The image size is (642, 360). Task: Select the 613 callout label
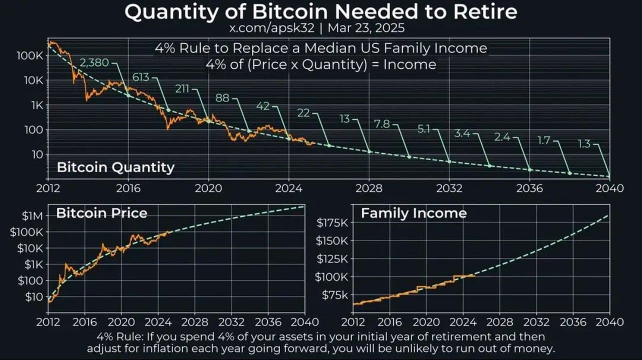(x=141, y=77)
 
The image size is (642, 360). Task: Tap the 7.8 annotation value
(x=382, y=124)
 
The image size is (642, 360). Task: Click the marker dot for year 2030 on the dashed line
(x=409, y=157)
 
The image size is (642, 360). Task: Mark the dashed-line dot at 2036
(x=529, y=170)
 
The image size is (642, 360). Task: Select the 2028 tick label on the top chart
(x=369, y=188)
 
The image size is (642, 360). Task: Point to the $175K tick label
(x=332, y=222)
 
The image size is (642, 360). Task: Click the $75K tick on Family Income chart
(x=334, y=295)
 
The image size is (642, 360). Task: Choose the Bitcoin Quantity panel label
(x=115, y=167)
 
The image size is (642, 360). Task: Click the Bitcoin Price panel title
(x=101, y=213)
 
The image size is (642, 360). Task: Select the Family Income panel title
(x=413, y=213)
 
